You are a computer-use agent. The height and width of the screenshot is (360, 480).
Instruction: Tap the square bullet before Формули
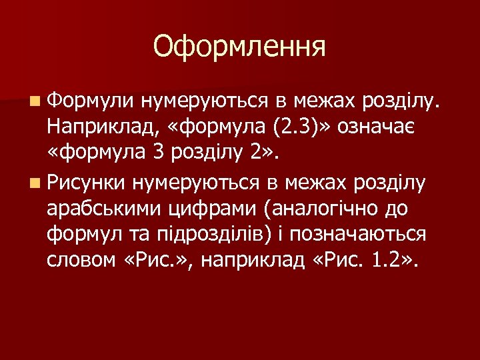click(x=34, y=101)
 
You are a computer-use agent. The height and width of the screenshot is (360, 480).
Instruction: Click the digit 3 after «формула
click(x=157, y=153)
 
